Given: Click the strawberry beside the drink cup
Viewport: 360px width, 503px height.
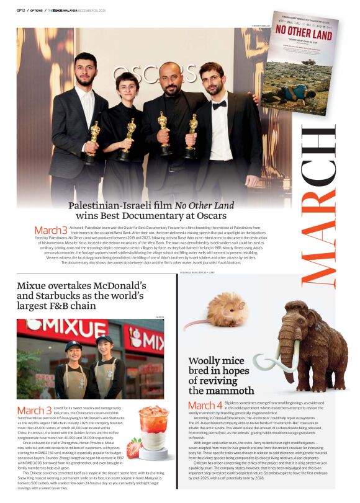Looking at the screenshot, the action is tap(133, 447).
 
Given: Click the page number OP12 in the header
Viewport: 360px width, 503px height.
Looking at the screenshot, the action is tap(20, 9).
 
